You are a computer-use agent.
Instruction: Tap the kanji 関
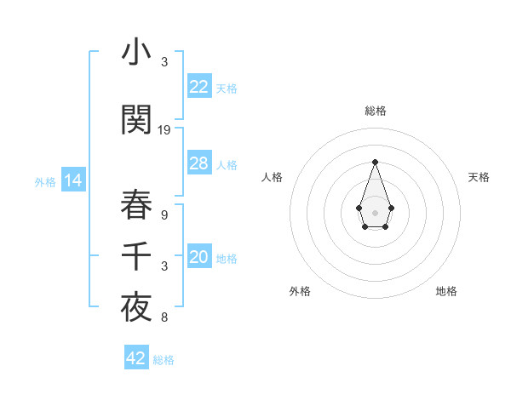click(x=136, y=121)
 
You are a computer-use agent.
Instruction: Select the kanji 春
click(x=136, y=204)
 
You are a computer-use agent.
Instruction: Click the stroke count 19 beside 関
click(x=164, y=130)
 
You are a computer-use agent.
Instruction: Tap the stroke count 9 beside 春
click(x=164, y=214)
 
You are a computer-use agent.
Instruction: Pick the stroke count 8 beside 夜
click(x=164, y=318)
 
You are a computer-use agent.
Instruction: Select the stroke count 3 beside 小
click(x=164, y=62)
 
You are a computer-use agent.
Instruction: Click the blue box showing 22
click(x=199, y=87)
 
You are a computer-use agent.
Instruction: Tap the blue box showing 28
click(x=199, y=163)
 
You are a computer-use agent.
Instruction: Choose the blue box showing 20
click(x=199, y=258)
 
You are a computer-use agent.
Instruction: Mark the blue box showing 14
click(x=72, y=180)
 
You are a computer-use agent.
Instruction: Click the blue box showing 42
click(x=136, y=358)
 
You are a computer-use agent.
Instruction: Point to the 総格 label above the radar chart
click(x=375, y=111)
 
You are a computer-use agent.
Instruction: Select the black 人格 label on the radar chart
click(x=273, y=177)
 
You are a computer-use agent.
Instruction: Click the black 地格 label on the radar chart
click(x=446, y=291)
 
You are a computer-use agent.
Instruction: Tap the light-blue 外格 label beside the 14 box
click(x=45, y=181)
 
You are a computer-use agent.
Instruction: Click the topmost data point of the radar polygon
click(x=375, y=162)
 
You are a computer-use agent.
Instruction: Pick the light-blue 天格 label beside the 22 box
click(x=227, y=88)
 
